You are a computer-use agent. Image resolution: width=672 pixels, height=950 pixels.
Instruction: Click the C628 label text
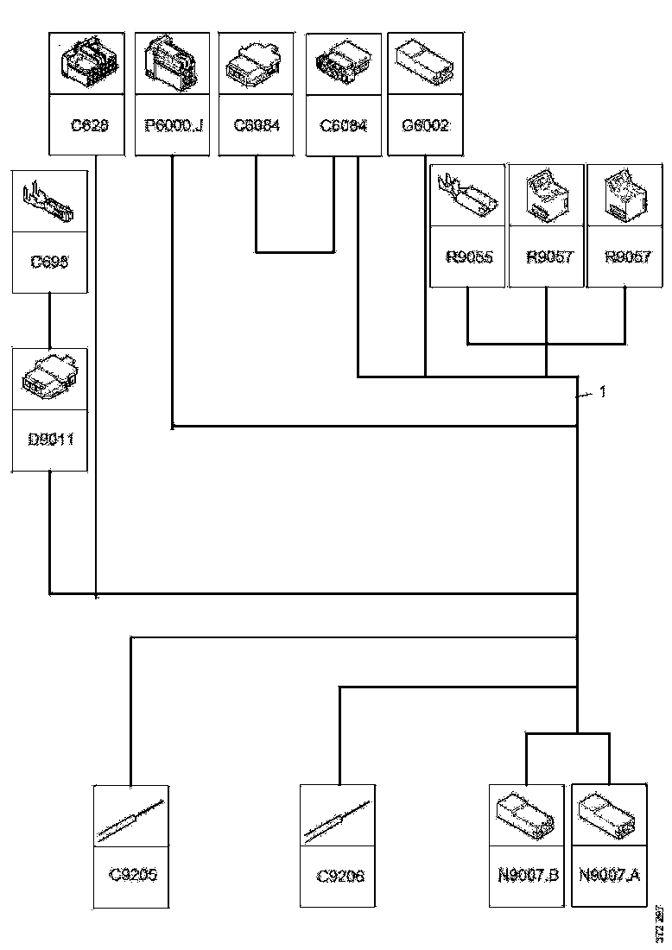89,126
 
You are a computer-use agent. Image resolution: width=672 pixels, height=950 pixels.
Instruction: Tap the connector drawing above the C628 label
89,64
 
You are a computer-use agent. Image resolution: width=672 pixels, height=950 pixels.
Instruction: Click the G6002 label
426,126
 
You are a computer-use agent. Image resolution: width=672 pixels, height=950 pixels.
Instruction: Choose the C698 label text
50,263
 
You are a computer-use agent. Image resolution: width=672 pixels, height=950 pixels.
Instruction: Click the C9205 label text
132,875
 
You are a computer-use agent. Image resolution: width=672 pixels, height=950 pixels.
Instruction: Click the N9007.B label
529,875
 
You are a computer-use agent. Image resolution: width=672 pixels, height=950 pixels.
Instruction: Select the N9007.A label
610,875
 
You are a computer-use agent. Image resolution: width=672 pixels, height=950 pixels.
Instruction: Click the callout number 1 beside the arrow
603,392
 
